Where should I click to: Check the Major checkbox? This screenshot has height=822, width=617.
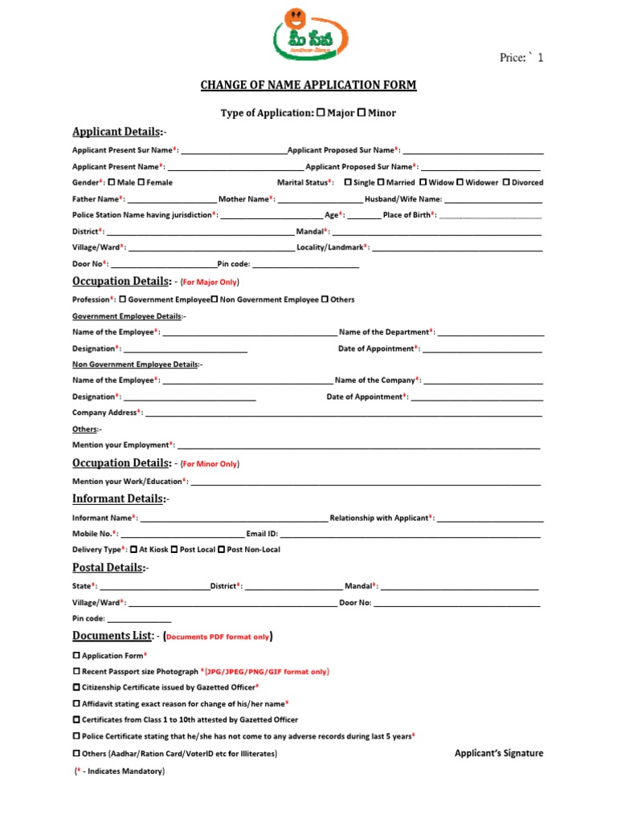321,113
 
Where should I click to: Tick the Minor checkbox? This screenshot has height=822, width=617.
362,113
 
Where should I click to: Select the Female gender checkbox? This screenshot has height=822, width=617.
141,182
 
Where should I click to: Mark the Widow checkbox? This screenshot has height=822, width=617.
423,182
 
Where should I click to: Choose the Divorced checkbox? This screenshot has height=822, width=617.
506,182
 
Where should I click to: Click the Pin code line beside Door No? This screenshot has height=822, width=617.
305,266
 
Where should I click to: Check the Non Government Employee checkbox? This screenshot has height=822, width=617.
215,299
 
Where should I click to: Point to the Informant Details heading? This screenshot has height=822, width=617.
121,498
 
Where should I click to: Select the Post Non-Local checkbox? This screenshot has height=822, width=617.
221,550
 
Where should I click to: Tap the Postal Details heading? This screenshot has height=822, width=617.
110,568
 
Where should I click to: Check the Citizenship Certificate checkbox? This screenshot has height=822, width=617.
76,687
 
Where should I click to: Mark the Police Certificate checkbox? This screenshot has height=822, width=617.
76,735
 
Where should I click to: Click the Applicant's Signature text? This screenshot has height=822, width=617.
498,753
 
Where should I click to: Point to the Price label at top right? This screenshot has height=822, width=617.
521,58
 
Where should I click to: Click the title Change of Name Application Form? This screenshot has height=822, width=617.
308,85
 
